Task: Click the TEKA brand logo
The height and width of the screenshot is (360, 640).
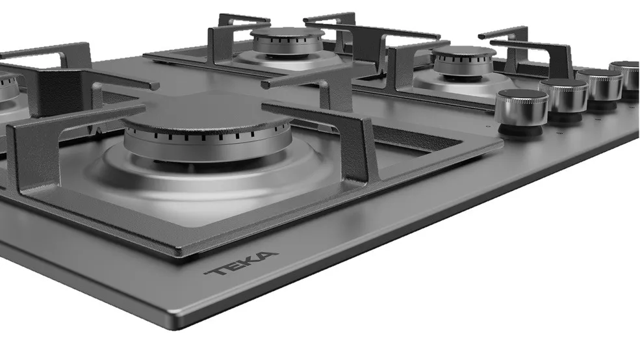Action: pos(241,263)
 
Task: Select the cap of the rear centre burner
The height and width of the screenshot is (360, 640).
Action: pos(287,32)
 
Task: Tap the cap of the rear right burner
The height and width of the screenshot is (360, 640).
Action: pos(464,51)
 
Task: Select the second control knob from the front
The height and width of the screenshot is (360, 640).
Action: pos(563,96)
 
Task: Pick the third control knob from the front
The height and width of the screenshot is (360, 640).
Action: pos(600,84)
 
